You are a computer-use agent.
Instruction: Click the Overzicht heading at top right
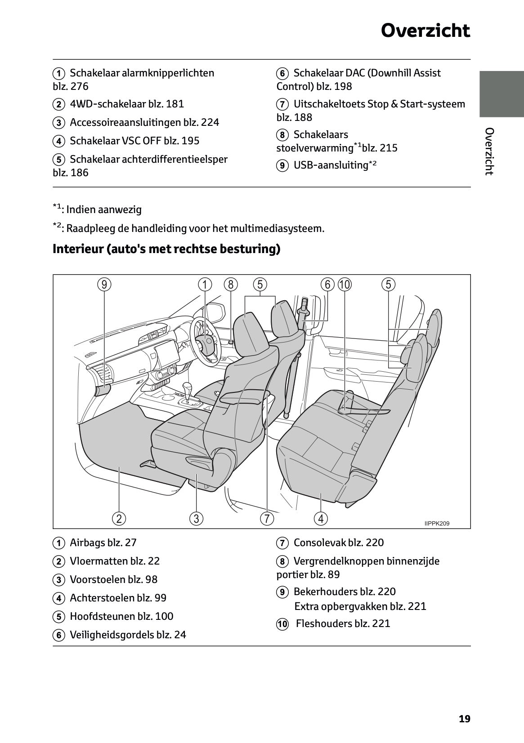click(x=425, y=31)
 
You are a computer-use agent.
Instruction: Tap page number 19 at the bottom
click(x=464, y=719)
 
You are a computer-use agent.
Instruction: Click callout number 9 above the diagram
click(x=104, y=285)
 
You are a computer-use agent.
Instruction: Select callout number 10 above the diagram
click(x=345, y=285)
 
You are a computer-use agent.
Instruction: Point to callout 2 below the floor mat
click(x=119, y=518)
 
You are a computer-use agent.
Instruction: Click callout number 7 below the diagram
click(x=267, y=518)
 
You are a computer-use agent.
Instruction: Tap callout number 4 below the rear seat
click(x=321, y=518)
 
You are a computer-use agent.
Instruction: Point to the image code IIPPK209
click(x=436, y=523)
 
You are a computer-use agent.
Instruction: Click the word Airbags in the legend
click(x=87, y=543)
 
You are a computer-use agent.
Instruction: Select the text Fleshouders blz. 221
click(x=343, y=623)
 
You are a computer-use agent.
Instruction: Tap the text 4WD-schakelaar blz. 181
click(x=127, y=104)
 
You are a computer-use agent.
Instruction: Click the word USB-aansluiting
click(x=331, y=165)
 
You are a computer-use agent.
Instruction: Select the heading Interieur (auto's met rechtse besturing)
click(x=166, y=249)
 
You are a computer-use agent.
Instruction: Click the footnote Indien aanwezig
click(x=103, y=209)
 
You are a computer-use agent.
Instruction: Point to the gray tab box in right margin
click(x=501, y=93)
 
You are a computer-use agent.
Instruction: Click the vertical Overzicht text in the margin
click(x=489, y=151)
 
